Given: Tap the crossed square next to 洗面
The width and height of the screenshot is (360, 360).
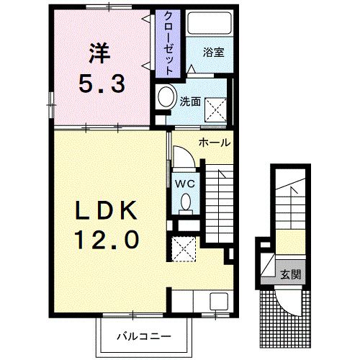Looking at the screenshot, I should [x=215, y=109].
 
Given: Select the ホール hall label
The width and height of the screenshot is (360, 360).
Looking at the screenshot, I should [x=215, y=143].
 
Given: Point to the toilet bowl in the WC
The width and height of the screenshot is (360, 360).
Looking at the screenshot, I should [x=185, y=202].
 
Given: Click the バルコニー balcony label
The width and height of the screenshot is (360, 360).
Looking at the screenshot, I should [x=144, y=336].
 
